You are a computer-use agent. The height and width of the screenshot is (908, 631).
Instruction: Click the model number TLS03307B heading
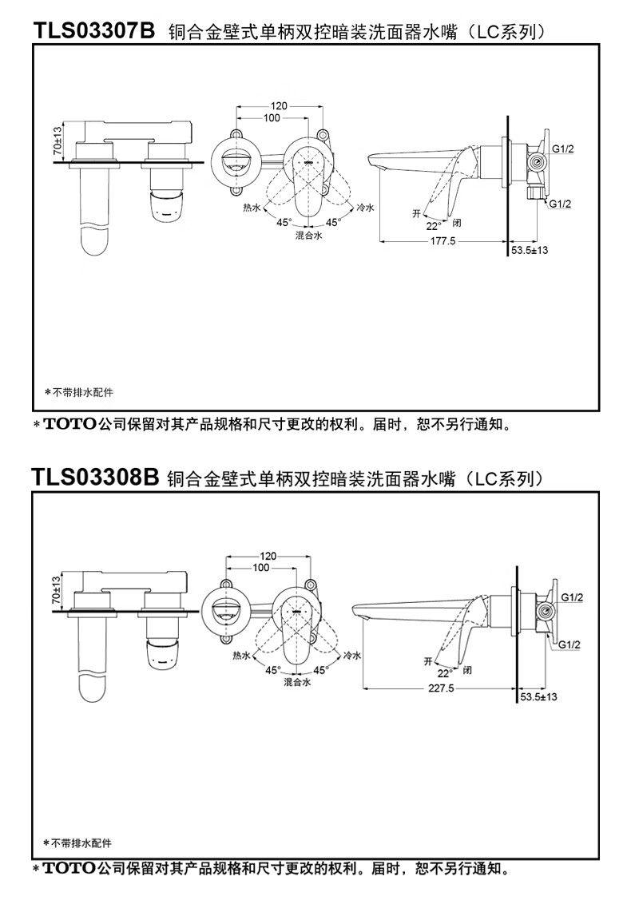point(94,30)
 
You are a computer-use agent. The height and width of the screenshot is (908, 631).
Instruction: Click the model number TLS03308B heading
point(95,478)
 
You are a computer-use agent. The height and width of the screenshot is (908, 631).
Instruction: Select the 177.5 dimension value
point(442,241)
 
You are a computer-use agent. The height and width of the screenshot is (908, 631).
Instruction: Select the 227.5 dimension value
point(442,688)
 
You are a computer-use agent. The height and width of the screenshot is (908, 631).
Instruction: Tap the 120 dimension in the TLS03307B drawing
point(279,106)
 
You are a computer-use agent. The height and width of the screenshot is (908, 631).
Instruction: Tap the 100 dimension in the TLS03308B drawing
point(261,568)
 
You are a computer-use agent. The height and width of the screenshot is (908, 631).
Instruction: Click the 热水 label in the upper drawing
point(252,208)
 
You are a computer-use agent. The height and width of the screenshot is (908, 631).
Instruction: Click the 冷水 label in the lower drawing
point(352,655)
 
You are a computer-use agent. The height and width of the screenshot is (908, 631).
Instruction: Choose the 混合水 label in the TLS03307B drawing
point(309,235)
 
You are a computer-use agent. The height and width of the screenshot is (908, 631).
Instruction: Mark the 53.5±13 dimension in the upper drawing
point(530,250)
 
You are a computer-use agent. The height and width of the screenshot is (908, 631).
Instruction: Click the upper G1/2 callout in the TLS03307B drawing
point(562,149)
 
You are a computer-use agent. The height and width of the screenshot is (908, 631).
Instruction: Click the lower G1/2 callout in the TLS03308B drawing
point(569,644)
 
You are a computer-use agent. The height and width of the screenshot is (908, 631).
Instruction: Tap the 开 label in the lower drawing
point(428,660)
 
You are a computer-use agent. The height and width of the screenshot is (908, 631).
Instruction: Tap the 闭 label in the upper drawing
point(457,223)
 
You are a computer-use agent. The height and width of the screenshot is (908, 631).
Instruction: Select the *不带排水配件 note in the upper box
point(79,392)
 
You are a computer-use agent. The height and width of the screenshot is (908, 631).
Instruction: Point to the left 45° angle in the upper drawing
point(284,222)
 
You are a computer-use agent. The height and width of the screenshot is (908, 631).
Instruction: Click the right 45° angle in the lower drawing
point(320,670)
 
